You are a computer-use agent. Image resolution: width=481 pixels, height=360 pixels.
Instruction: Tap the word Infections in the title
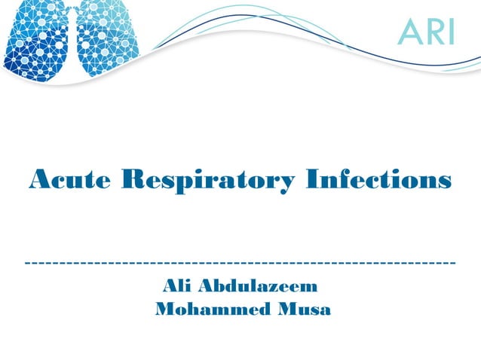tap(380, 181)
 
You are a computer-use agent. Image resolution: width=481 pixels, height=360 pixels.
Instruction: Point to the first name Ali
tap(174, 287)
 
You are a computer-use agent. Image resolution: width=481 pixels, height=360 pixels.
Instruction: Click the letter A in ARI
tap(410, 31)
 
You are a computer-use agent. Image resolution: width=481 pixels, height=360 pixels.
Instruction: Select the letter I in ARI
tap(450, 31)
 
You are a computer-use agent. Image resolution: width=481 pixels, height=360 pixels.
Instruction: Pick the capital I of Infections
tap(316, 181)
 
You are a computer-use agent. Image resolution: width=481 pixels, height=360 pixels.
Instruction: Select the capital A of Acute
tap(38, 181)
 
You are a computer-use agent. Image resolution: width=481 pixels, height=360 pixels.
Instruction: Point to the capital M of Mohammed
tap(164, 310)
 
